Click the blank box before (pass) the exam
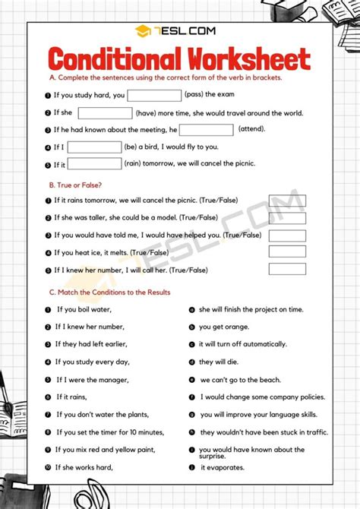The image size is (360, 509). (154, 96)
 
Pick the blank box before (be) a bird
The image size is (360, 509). (94, 147)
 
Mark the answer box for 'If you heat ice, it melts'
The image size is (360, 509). (287, 251)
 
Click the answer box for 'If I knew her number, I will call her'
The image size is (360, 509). (287, 269)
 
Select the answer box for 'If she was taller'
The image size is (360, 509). (287, 218)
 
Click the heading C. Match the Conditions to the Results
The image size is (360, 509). (109, 292)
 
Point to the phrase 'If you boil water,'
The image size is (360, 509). (84, 309)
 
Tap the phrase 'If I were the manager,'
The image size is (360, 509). (93, 380)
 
